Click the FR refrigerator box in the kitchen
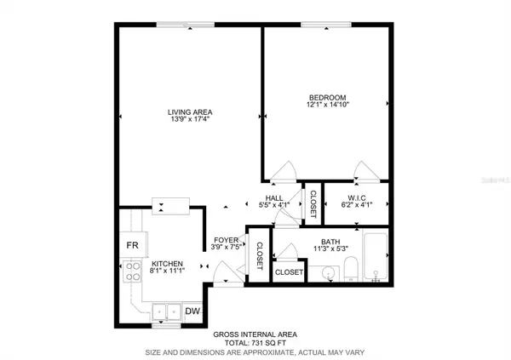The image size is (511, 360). tap(132, 245)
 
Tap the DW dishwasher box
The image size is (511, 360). tap(192, 311)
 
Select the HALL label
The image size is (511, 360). tap(274, 198)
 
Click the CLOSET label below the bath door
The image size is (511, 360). tap(289, 272)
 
